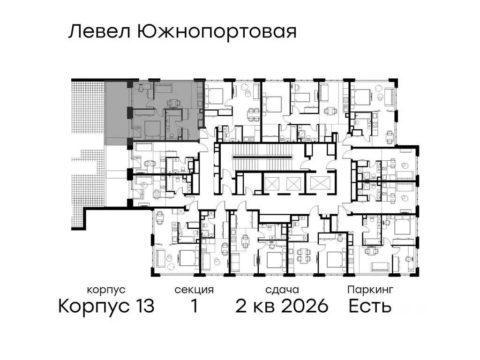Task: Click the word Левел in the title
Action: point(99,32)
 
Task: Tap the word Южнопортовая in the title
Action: point(217,32)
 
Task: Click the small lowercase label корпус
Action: point(106,290)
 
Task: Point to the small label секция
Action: point(194,290)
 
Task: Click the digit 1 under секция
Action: point(194,307)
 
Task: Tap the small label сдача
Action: point(281,290)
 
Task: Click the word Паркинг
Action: point(370,290)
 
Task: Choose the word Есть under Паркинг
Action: point(370,307)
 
